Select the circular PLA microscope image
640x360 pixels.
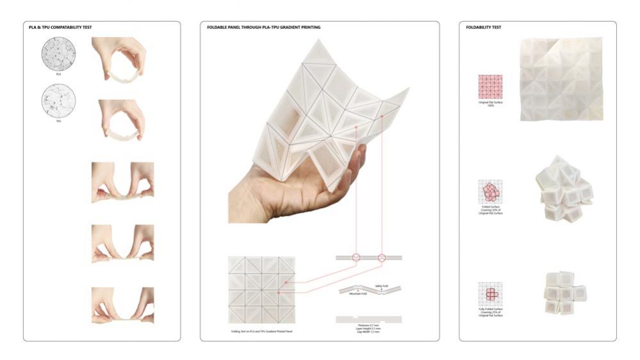[58, 53]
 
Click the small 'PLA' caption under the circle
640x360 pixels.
[58, 74]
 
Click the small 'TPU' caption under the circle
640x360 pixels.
[58, 121]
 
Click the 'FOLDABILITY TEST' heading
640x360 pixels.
[484, 28]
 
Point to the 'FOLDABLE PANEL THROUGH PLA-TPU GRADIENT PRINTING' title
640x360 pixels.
[264, 28]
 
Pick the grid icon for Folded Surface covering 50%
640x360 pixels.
[490, 192]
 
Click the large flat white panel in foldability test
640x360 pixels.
[561, 79]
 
